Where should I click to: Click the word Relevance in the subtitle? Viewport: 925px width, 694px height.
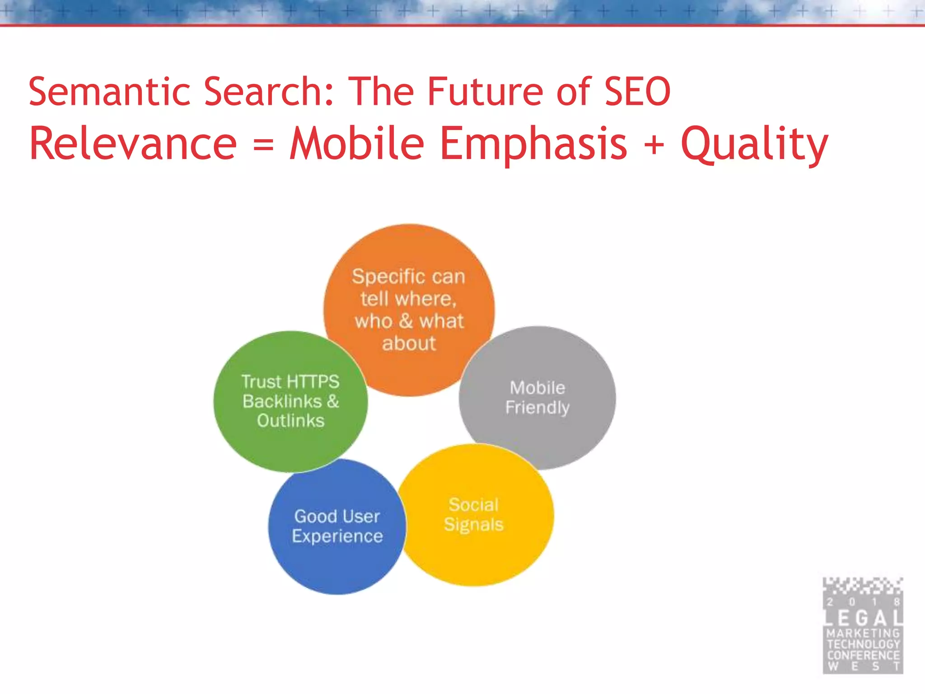click(133, 144)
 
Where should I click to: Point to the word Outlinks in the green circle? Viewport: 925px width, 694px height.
click(290, 421)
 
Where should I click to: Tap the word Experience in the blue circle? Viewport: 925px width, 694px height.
click(337, 536)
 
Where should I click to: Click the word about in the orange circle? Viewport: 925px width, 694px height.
click(409, 343)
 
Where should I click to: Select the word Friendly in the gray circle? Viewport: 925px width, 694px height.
click(537, 408)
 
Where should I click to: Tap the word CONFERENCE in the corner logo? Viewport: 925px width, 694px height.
click(863, 655)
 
